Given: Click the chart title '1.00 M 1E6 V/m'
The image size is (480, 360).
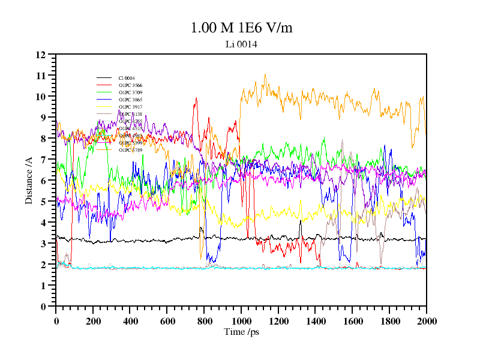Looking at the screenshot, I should (x=241, y=28).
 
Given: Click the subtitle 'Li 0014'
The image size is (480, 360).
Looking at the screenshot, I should (x=241, y=44).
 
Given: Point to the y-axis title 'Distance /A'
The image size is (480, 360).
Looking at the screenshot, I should (x=29, y=181).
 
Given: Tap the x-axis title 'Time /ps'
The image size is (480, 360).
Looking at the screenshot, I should (x=241, y=331).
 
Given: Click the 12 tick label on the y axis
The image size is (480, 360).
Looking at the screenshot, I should (x=41, y=55).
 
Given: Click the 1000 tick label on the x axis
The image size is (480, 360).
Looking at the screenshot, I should (x=241, y=321).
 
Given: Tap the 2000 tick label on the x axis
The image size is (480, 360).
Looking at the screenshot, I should (x=427, y=321).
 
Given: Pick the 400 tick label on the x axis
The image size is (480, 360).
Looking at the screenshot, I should (x=130, y=321).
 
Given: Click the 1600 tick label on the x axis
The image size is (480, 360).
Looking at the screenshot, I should (x=352, y=321).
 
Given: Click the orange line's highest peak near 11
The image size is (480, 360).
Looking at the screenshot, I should (x=265, y=75).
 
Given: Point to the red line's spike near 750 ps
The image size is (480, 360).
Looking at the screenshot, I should (x=196, y=99).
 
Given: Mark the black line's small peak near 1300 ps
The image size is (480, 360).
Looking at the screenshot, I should (x=300, y=221).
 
